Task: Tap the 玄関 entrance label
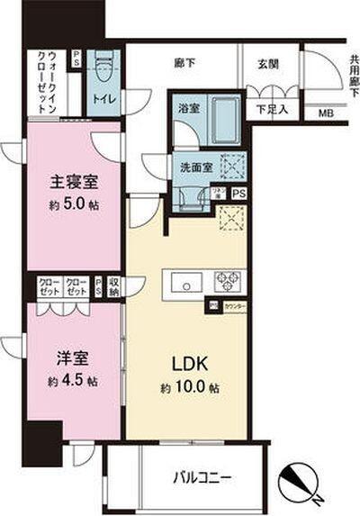click(x=267, y=63)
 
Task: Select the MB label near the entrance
click(x=324, y=113)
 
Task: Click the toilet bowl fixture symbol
click(x=103, y=66)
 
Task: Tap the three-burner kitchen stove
click(x=226, y=279)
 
